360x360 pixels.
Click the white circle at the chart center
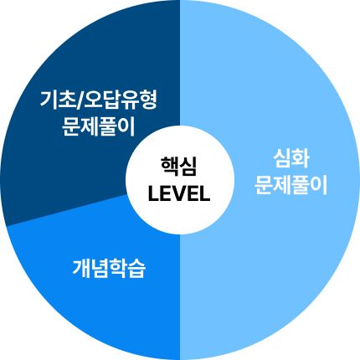pos(180,180)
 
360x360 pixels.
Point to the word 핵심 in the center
pos(178,166)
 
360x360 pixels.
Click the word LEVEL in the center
pos(179,193)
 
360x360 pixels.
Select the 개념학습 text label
pos(109,269)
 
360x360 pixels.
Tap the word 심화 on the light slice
pos(291,158)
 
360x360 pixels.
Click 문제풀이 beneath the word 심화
pos(291,185)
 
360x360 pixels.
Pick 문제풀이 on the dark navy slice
pos(98,126)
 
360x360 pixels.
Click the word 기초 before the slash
pos(58,100)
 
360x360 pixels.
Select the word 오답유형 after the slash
pos(121,100)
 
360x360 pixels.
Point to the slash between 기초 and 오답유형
pos(80,100)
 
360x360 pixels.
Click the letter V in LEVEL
pos(179,193)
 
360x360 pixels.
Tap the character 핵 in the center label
pos(169,166)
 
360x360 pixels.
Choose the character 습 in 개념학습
pos(137,269)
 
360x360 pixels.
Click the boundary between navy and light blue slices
pos(180,63)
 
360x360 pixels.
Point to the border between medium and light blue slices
pos(180,297)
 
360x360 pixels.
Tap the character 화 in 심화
pos(301,158)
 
